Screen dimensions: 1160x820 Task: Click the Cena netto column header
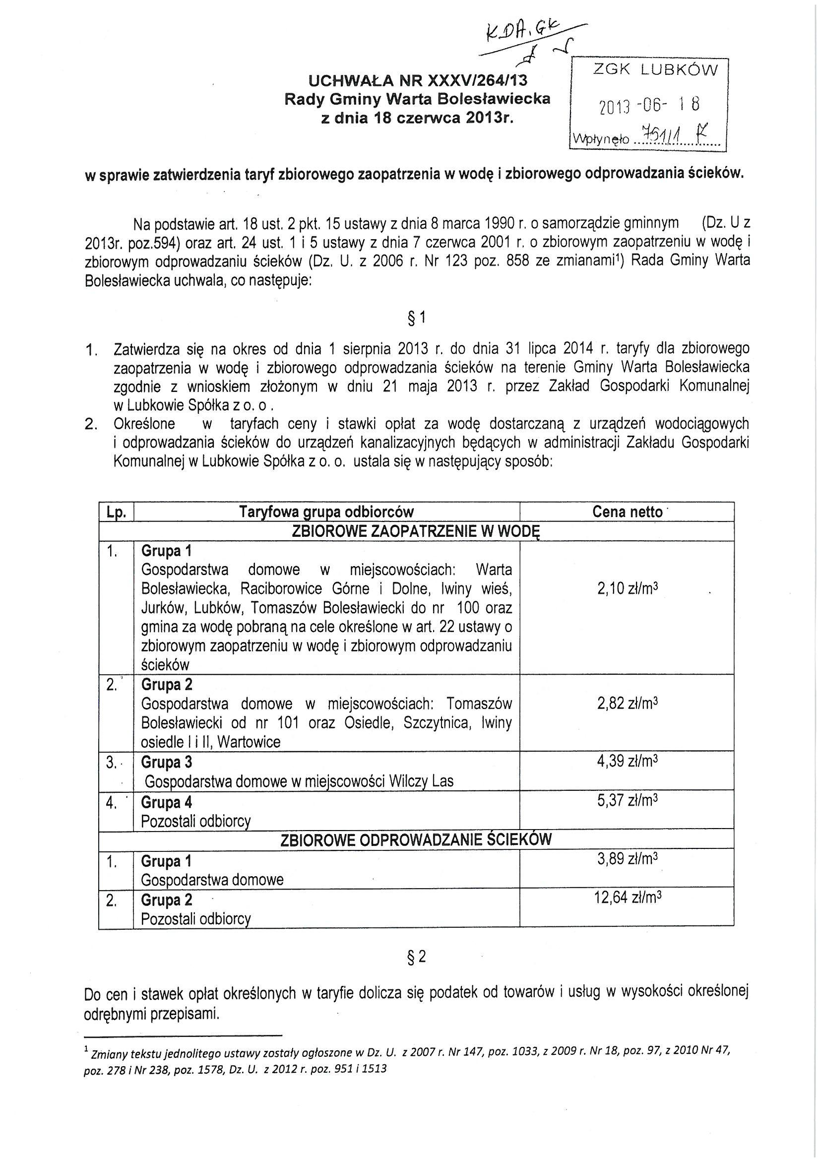pos(627,512)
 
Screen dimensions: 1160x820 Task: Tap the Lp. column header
pos(116,512)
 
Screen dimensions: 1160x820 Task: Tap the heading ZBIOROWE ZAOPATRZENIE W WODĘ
pos(416,531)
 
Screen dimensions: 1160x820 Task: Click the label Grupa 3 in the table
pos(167,762)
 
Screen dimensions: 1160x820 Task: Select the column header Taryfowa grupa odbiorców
pos(326,512)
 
